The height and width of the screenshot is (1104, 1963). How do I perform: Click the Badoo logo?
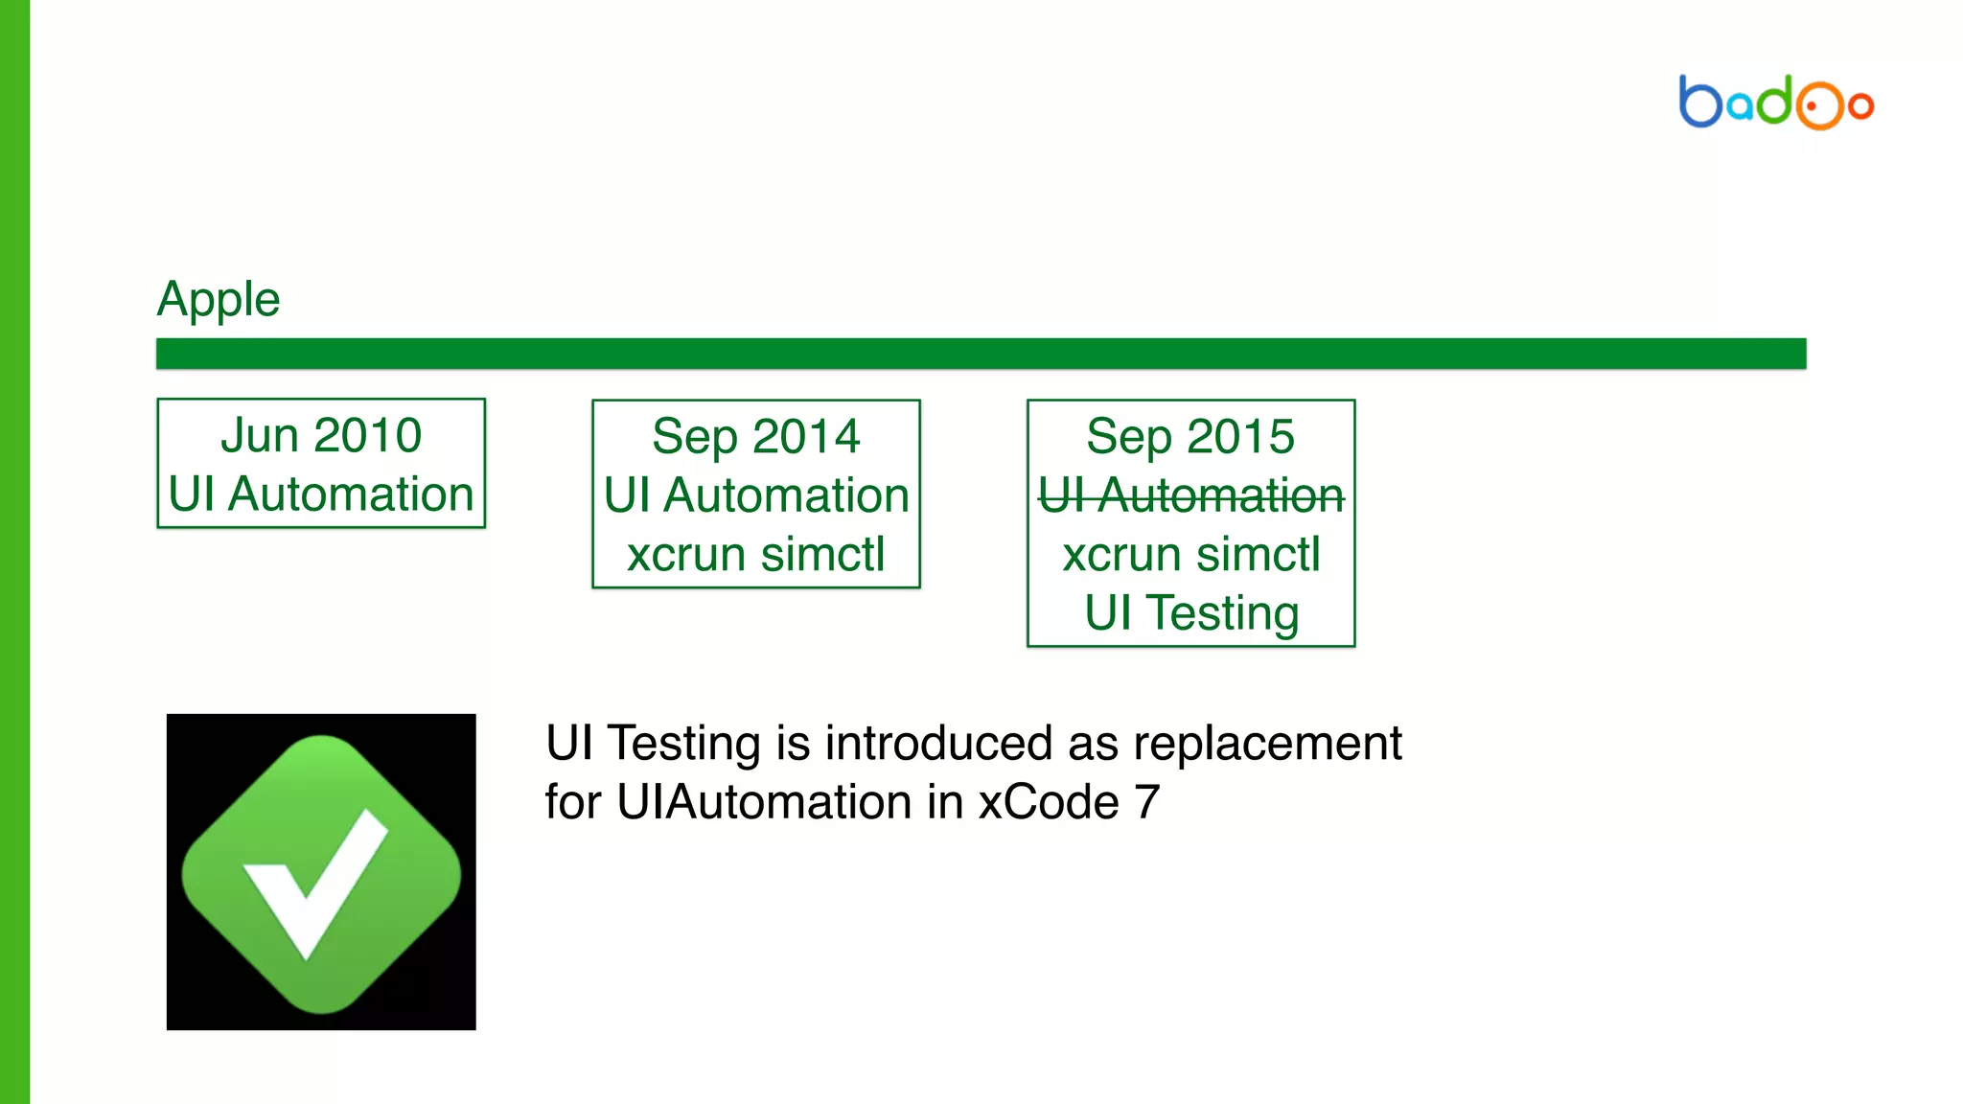(x=1776, y=102)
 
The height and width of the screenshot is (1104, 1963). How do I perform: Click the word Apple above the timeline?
(x=219, y=299)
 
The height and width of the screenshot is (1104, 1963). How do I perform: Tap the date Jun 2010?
(x=321, y=435)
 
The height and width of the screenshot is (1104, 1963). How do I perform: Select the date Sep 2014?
(x=756, y=436)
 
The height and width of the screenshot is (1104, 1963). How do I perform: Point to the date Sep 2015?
(x=1190, y=436)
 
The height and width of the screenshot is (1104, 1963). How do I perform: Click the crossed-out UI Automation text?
(x=1190, y=495)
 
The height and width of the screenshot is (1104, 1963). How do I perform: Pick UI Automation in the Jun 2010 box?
(x=321, y=494)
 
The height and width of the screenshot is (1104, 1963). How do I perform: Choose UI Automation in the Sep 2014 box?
(x=756, y=495)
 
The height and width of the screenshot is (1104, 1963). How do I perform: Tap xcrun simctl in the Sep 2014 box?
(x=756, y=554)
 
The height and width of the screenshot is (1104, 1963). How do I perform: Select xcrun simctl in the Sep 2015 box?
(x=1190, y=554)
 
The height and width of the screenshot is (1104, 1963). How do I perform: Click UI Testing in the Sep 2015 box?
(x=1190, y=612)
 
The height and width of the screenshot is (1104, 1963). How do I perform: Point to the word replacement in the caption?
(x=1267, y=743)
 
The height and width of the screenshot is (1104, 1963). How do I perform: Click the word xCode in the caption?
(x=1049, y=801)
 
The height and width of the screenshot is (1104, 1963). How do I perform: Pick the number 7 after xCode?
(x=1147, y=801)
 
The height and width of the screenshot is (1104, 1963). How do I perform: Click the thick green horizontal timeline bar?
(x=981, y=353)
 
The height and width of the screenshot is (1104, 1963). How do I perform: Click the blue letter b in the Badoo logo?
(x=1699, y=102)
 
